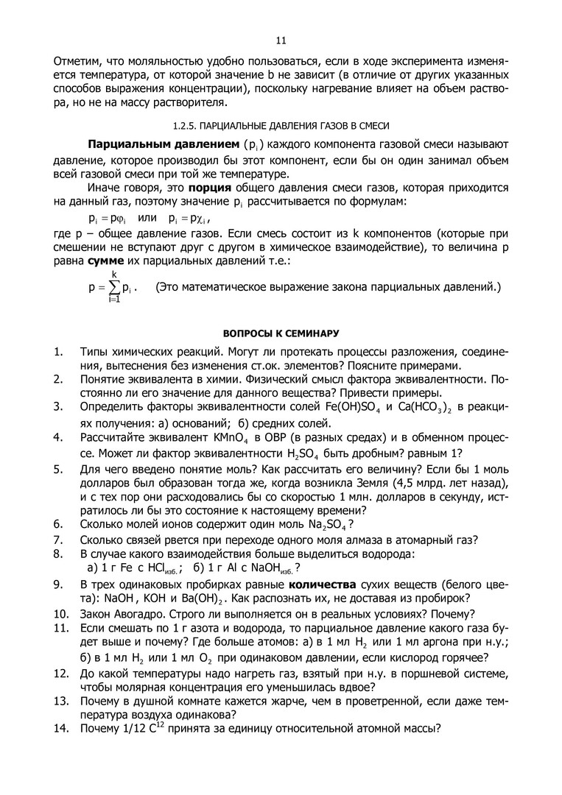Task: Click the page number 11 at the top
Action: point(281,40)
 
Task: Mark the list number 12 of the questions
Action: point(61,674)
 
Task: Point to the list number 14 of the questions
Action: point(61,729)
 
